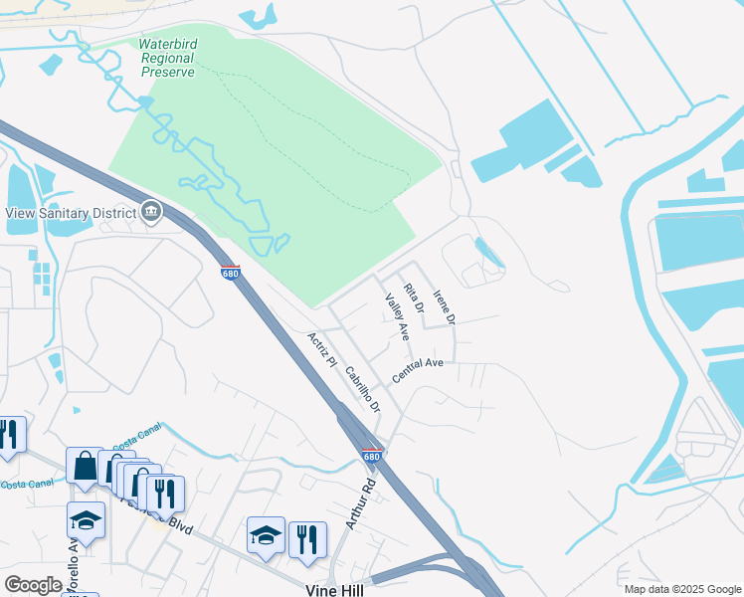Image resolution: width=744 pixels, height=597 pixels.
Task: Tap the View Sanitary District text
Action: click(x=71, y=212)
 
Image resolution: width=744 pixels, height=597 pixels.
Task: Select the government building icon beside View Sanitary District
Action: click(x=151, y=210)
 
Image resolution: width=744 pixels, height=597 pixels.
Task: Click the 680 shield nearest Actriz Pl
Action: click(x=230, y=271)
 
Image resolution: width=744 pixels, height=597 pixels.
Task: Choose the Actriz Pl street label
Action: click(x=322, y=349)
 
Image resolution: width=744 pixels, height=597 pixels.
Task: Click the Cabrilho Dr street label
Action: click(x=361, y=389)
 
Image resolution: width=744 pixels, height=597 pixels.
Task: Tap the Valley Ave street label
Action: click(x=397, y=315)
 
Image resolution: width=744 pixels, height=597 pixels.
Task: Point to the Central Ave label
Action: click(x=417, y=370)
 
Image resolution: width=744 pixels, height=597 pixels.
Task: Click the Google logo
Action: click(x=33, y=585)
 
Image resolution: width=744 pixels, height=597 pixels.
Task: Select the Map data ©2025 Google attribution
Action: click(x=681, y=589)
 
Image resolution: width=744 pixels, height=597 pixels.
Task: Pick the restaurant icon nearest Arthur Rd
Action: click(x=307, y=538)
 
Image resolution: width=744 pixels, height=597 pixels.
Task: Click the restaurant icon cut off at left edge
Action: click(x=8, y=434)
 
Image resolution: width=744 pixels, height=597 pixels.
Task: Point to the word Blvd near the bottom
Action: click(x=179, y=524)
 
